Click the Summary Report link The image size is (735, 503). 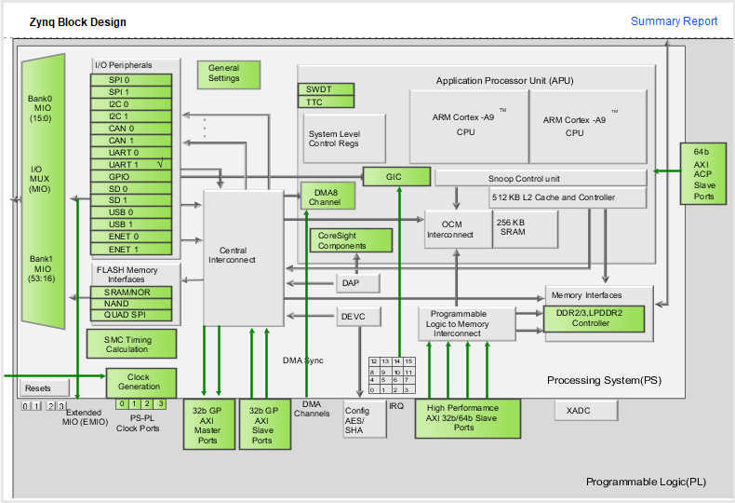[x=674, y=21]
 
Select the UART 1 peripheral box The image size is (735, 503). [x=131, y=165]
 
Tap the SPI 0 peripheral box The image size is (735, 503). [x=131, y=80]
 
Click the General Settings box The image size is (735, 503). [x=228, y=75]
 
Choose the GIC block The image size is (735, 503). [x=396, y=177]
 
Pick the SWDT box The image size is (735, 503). [x=326, y=89]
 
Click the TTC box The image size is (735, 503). [x=326, y=102]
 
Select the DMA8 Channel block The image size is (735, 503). [x=327, y=197]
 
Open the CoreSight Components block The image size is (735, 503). [x=351, y=240]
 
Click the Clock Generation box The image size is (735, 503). [x=141, y=383]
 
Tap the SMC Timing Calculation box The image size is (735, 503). [x=131, y=344]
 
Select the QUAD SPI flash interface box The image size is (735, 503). [x=131, y=316]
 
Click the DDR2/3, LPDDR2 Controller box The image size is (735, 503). [x=594, y=319]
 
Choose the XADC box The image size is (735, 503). [x=586, y=411]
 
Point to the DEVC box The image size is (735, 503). [x=358, y=317]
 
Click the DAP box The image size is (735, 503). [x=357, y=283]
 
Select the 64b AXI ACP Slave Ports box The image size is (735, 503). [x=703, y=174]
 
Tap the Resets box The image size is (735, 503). [x=45, y=388]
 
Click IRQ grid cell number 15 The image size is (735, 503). [x=409, y=361]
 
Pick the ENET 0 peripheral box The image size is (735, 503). [x=131, y=237]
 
